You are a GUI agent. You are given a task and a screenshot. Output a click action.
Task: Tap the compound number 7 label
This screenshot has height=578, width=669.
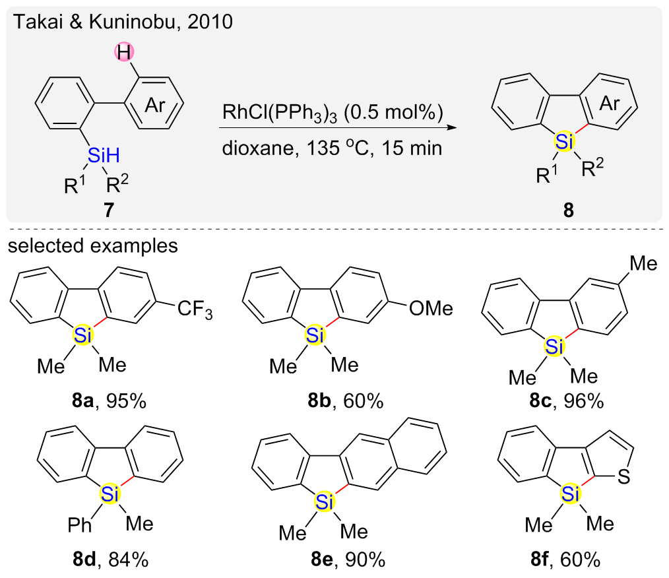107,210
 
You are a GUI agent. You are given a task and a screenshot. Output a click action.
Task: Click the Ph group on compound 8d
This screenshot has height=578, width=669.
78,525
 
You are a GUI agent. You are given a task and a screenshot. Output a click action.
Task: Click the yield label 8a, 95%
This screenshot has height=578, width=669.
108,401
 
